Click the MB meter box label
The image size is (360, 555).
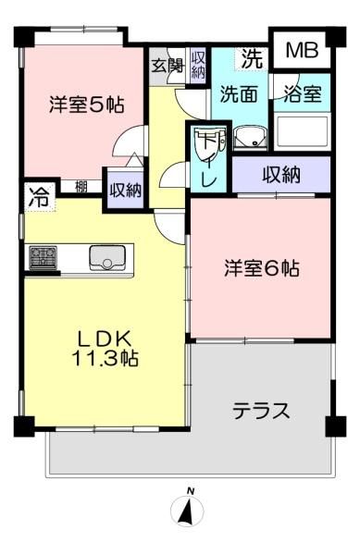tap(302, 50)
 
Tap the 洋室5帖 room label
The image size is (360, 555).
tap(87, 105)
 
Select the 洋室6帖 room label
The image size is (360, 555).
tap(262, 268)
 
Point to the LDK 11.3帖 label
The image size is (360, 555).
tap(105, 348)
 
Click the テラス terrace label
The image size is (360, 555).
tap(261, 412)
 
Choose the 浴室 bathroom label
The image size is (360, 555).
tap(303, 93)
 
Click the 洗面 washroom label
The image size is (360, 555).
tap(239, 93)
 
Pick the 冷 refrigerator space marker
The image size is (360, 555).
tap(40, 197)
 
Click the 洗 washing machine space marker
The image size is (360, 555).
tap(253, 58)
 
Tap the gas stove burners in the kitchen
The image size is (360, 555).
tap(43, 257)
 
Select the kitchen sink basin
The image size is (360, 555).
tap(107, 257)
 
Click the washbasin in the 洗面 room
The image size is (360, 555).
tap(250, 138)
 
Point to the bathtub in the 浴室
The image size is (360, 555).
tap(303, 131)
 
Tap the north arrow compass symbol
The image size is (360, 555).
tap(187, 508)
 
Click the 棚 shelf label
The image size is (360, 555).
tap(81, 187)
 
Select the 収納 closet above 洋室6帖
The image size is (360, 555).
tap(281, 175)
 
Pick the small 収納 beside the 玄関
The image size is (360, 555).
tap(198, 66)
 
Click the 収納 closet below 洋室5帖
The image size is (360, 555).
tap(125, 190)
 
